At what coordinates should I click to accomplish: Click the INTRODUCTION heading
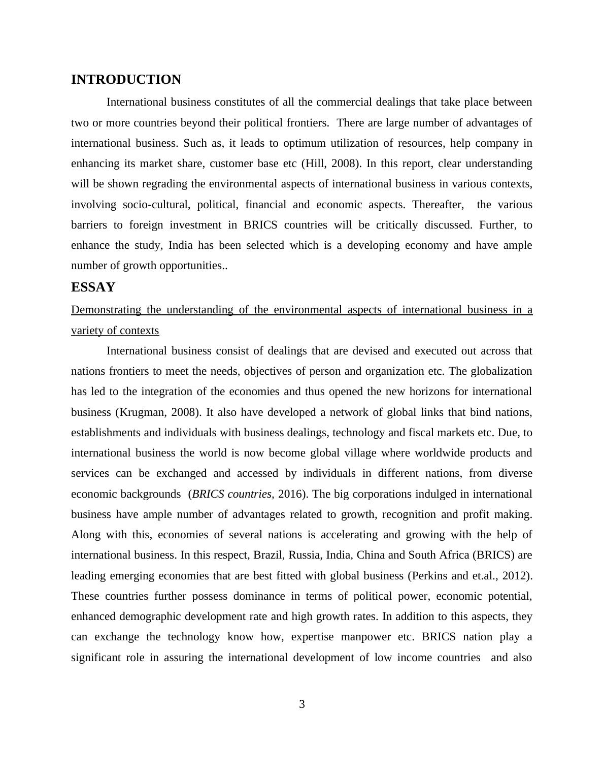tap(126, 80)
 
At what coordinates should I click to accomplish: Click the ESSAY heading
tap(93, 287)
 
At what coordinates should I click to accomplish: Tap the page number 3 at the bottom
tap(302, 704)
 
